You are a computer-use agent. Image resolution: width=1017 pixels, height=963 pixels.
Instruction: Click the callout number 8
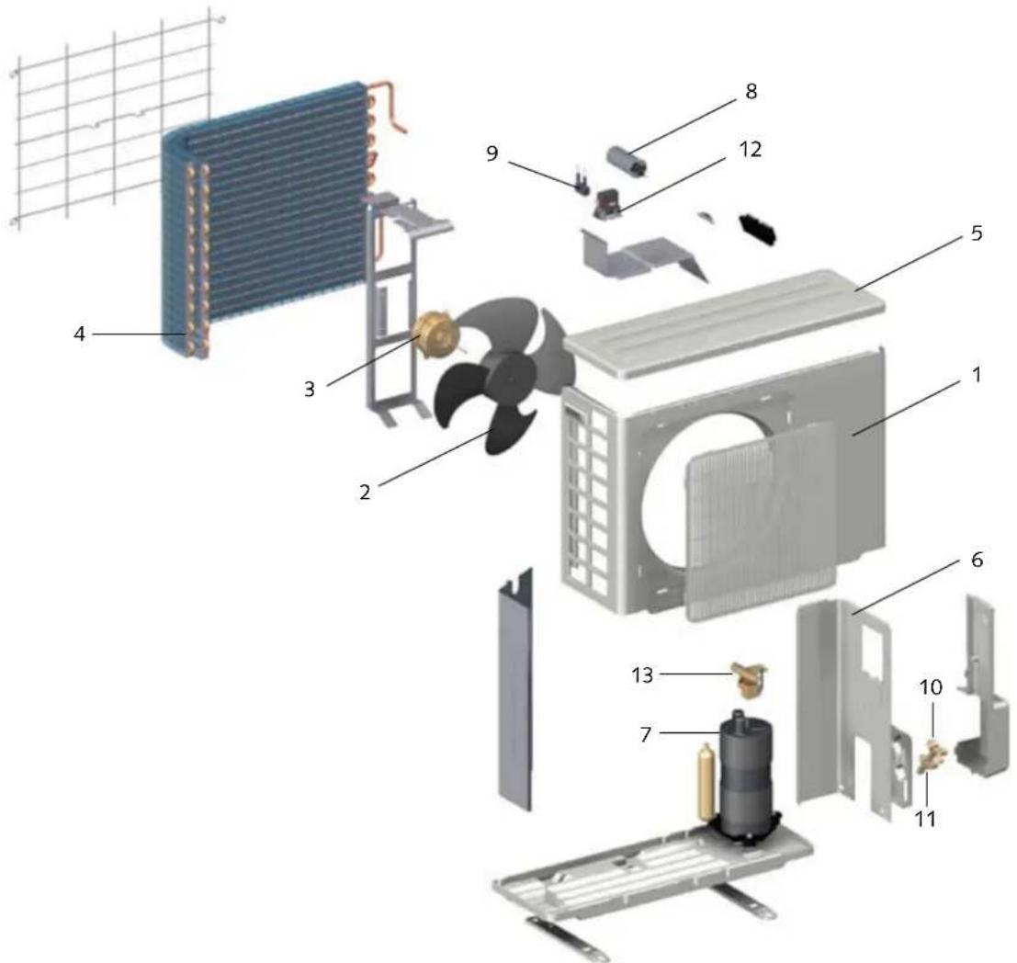pyautogui.click(x=751, y=92)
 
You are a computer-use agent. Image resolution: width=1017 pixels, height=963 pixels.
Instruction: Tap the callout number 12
pyautogui.click(x=750, y=149)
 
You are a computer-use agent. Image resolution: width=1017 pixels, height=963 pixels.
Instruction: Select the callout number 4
pyautogui.click(x=79, y=334)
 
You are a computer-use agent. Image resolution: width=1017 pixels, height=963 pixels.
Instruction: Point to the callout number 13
pyautogui.click(x=642, y=675)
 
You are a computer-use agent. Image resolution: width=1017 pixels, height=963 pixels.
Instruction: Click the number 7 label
pyautogui.click(x=645, y=734)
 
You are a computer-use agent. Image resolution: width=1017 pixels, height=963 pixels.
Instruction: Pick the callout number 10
pyautogui.click(x=932, y=687)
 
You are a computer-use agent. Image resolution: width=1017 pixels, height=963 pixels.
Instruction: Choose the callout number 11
pyautogui.click(x=925, y=819)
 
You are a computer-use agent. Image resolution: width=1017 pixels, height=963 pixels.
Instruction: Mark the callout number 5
pyautogui.click(x=977, y=233)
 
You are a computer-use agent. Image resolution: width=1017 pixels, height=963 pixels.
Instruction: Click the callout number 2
pyautogui.click(x=365, y=493)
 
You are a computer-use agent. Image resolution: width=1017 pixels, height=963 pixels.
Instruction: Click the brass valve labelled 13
pyautogui.click(x=750, y=679)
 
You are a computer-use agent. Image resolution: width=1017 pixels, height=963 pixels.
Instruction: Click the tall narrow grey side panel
pyautogui.click(x=515, y=690)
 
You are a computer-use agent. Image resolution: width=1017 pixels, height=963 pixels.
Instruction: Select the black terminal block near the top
pyautogui.click(x=758, y=229)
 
